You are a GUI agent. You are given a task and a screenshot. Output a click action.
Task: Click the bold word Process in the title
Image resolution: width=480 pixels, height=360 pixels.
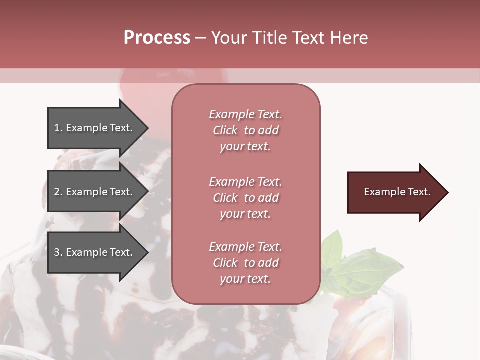click(157, 38)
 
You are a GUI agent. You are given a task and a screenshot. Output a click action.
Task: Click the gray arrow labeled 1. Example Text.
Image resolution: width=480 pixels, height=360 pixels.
click(95, 128)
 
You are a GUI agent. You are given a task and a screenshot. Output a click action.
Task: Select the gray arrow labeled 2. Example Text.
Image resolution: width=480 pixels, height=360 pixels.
click(95, 192)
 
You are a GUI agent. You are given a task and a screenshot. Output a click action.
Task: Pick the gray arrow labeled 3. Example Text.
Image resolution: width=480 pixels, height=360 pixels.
click(95, 252)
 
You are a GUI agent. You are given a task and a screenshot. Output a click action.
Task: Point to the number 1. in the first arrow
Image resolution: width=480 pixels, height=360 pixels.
click(58, 128)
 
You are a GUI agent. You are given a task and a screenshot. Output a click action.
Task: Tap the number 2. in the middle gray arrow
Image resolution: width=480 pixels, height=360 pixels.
click(58, 192)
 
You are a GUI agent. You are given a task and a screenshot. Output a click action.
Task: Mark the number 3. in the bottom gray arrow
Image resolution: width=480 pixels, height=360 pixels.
click(58, 252)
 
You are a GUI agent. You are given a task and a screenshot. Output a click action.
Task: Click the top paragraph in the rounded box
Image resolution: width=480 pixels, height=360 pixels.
click(245, 130)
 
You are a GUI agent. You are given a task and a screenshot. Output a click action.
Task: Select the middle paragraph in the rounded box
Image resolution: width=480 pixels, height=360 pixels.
click(245, 198)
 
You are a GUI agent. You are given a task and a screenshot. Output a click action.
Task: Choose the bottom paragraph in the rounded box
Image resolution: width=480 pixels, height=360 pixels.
click(245, 263)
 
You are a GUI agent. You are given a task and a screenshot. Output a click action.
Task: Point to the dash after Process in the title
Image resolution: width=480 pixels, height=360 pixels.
click(200, 38)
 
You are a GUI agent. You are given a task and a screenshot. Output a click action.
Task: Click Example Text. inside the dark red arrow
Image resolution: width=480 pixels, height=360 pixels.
click(397, 192)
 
